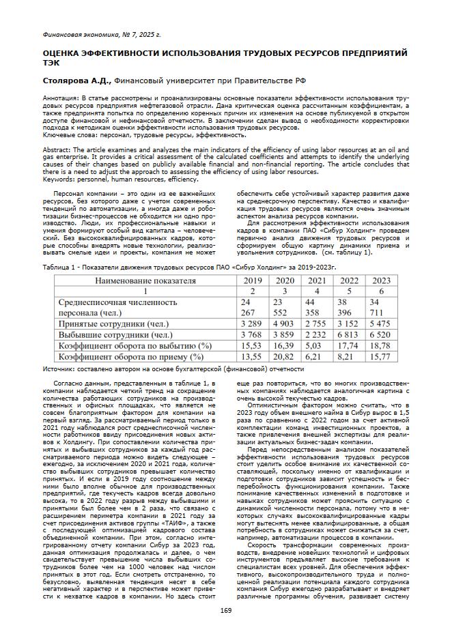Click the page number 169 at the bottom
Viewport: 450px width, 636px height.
(226, 609)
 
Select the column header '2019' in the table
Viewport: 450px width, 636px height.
(251, 280)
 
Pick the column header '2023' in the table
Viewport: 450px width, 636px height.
(380, 280)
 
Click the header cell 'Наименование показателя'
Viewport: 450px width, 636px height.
(145, 280)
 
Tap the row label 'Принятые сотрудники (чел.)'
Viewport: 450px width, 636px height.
(113, 323)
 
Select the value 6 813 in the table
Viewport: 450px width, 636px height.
(348, 334)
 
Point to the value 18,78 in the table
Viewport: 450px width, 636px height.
(380, 345)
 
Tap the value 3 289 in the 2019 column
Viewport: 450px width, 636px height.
(251, 323)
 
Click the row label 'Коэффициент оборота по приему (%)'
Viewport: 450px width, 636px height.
(131, 356)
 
